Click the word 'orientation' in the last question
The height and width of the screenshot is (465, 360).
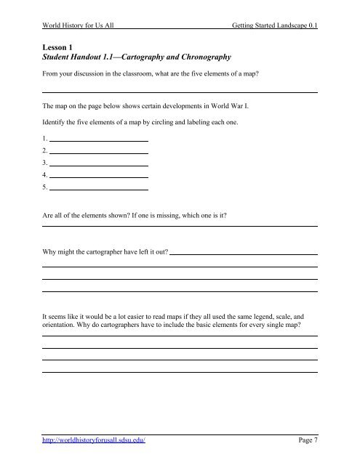pyautogui.click(x=60, y=326)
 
